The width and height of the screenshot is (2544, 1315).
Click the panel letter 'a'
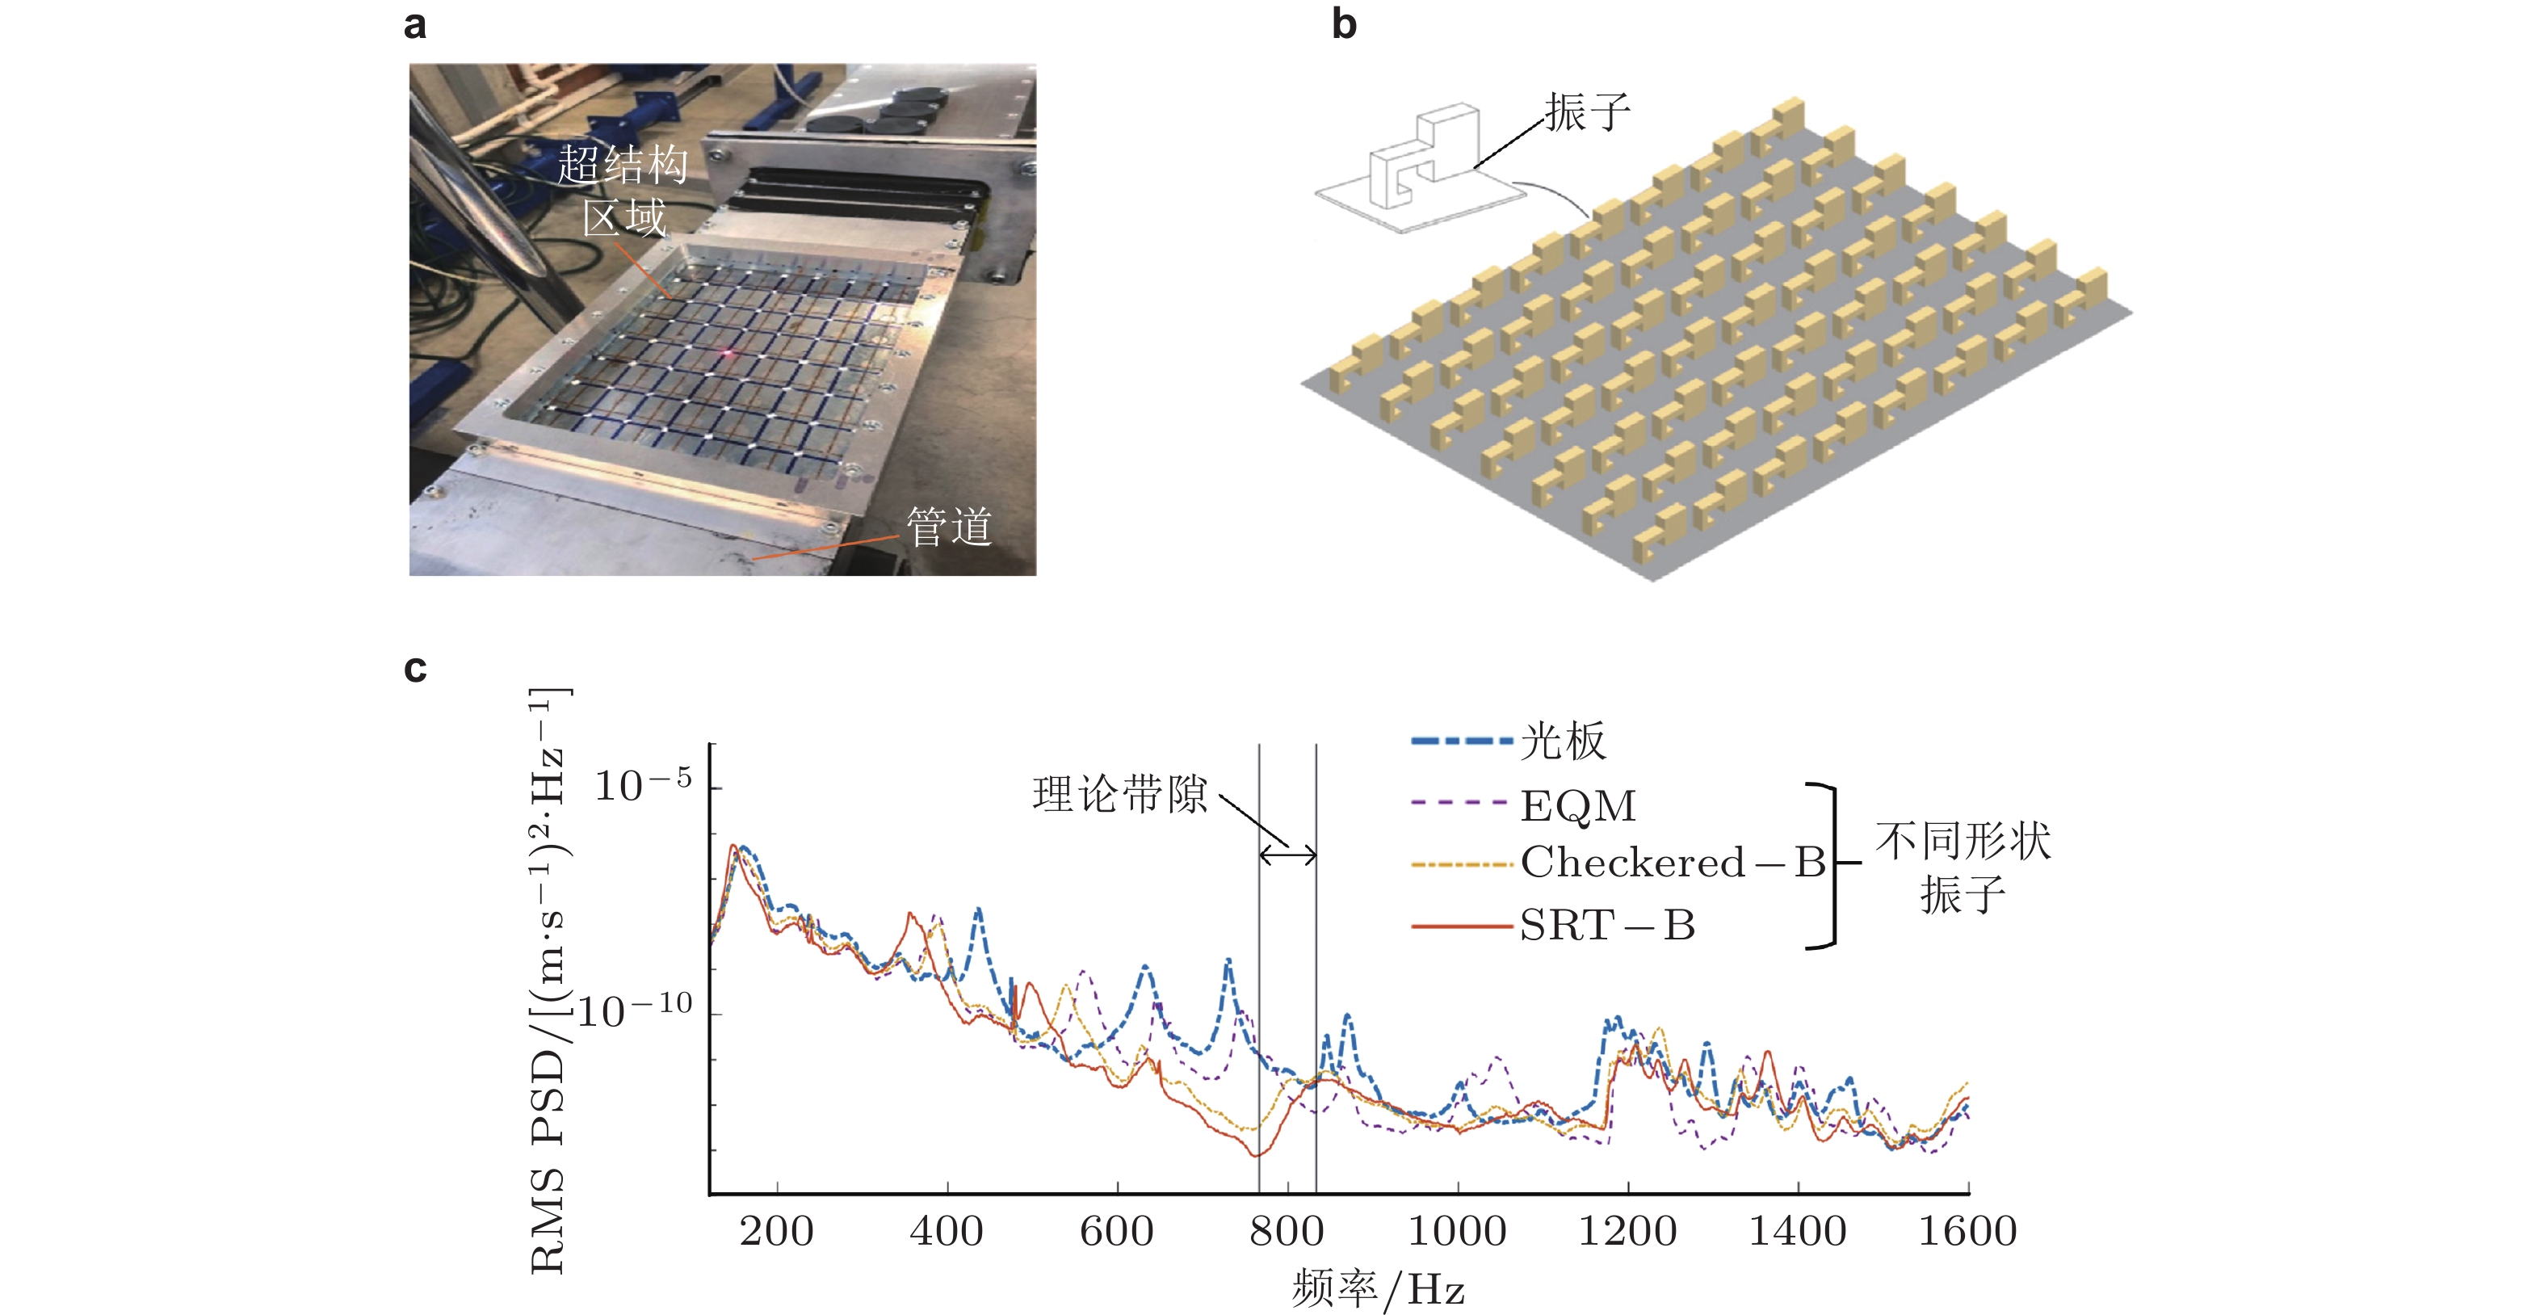coord(415,25)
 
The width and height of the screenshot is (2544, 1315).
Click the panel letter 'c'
coord(415,669)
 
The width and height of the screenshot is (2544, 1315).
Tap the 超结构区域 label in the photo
coord(623,191)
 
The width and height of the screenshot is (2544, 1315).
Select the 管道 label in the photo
coord(948,527)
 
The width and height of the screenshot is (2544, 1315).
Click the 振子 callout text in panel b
coord(1587,111)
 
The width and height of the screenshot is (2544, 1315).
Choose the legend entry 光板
coord(1563,740)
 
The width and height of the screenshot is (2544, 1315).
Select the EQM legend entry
coord(1577,806)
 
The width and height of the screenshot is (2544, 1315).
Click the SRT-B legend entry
coord(1607,926)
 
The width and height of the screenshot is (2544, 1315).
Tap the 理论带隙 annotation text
coord(1120,794)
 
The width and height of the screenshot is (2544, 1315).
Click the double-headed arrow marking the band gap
coord(1288,854)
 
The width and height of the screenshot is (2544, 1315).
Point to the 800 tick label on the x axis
coord(1287,1231)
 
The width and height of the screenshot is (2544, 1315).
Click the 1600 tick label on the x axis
coord(1967,1231)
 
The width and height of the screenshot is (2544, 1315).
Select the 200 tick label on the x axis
coord(776,1231)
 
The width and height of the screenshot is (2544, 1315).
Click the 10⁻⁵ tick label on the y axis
coord(643,785)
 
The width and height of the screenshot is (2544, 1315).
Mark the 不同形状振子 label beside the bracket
coord(1963,867)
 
